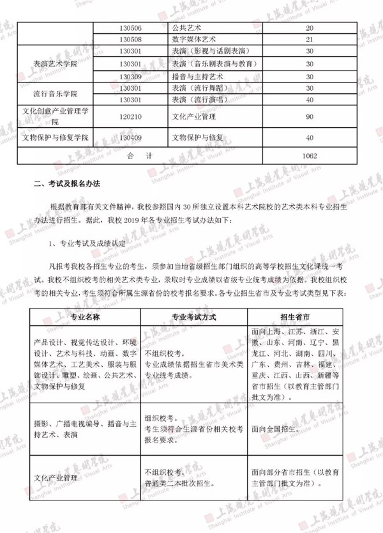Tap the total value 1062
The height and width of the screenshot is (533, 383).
tap(310, 155)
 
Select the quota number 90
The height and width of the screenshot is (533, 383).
tap(310, 117)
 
